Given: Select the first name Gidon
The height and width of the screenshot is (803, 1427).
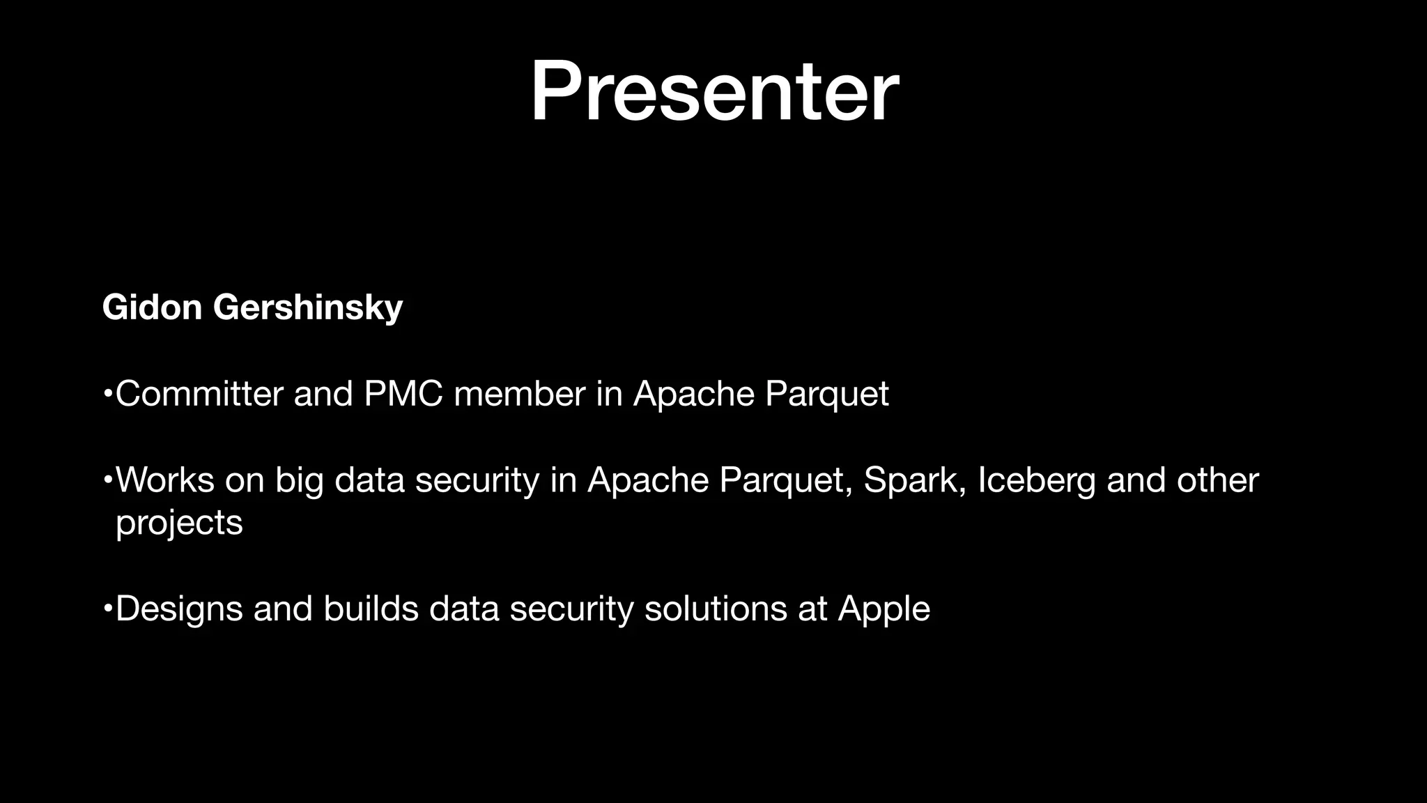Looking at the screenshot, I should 152,307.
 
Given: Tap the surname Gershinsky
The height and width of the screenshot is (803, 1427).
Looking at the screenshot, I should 307,308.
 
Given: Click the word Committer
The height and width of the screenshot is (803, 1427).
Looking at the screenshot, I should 199,394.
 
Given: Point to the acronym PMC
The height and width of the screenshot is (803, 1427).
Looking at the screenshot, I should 403,394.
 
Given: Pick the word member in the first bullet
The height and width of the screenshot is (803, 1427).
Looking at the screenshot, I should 519,394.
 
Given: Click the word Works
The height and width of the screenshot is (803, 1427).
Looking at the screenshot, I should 165,480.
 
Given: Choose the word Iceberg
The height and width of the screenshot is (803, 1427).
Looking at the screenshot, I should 1036,481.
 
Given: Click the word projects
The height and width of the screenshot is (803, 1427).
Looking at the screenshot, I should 179,523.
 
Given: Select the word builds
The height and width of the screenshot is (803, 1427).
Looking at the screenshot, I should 371,609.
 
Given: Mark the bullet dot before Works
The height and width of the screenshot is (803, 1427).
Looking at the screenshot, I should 107,481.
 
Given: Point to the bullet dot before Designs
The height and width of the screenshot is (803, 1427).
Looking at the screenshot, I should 107,609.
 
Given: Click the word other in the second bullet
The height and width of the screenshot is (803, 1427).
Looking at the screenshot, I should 1217,480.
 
